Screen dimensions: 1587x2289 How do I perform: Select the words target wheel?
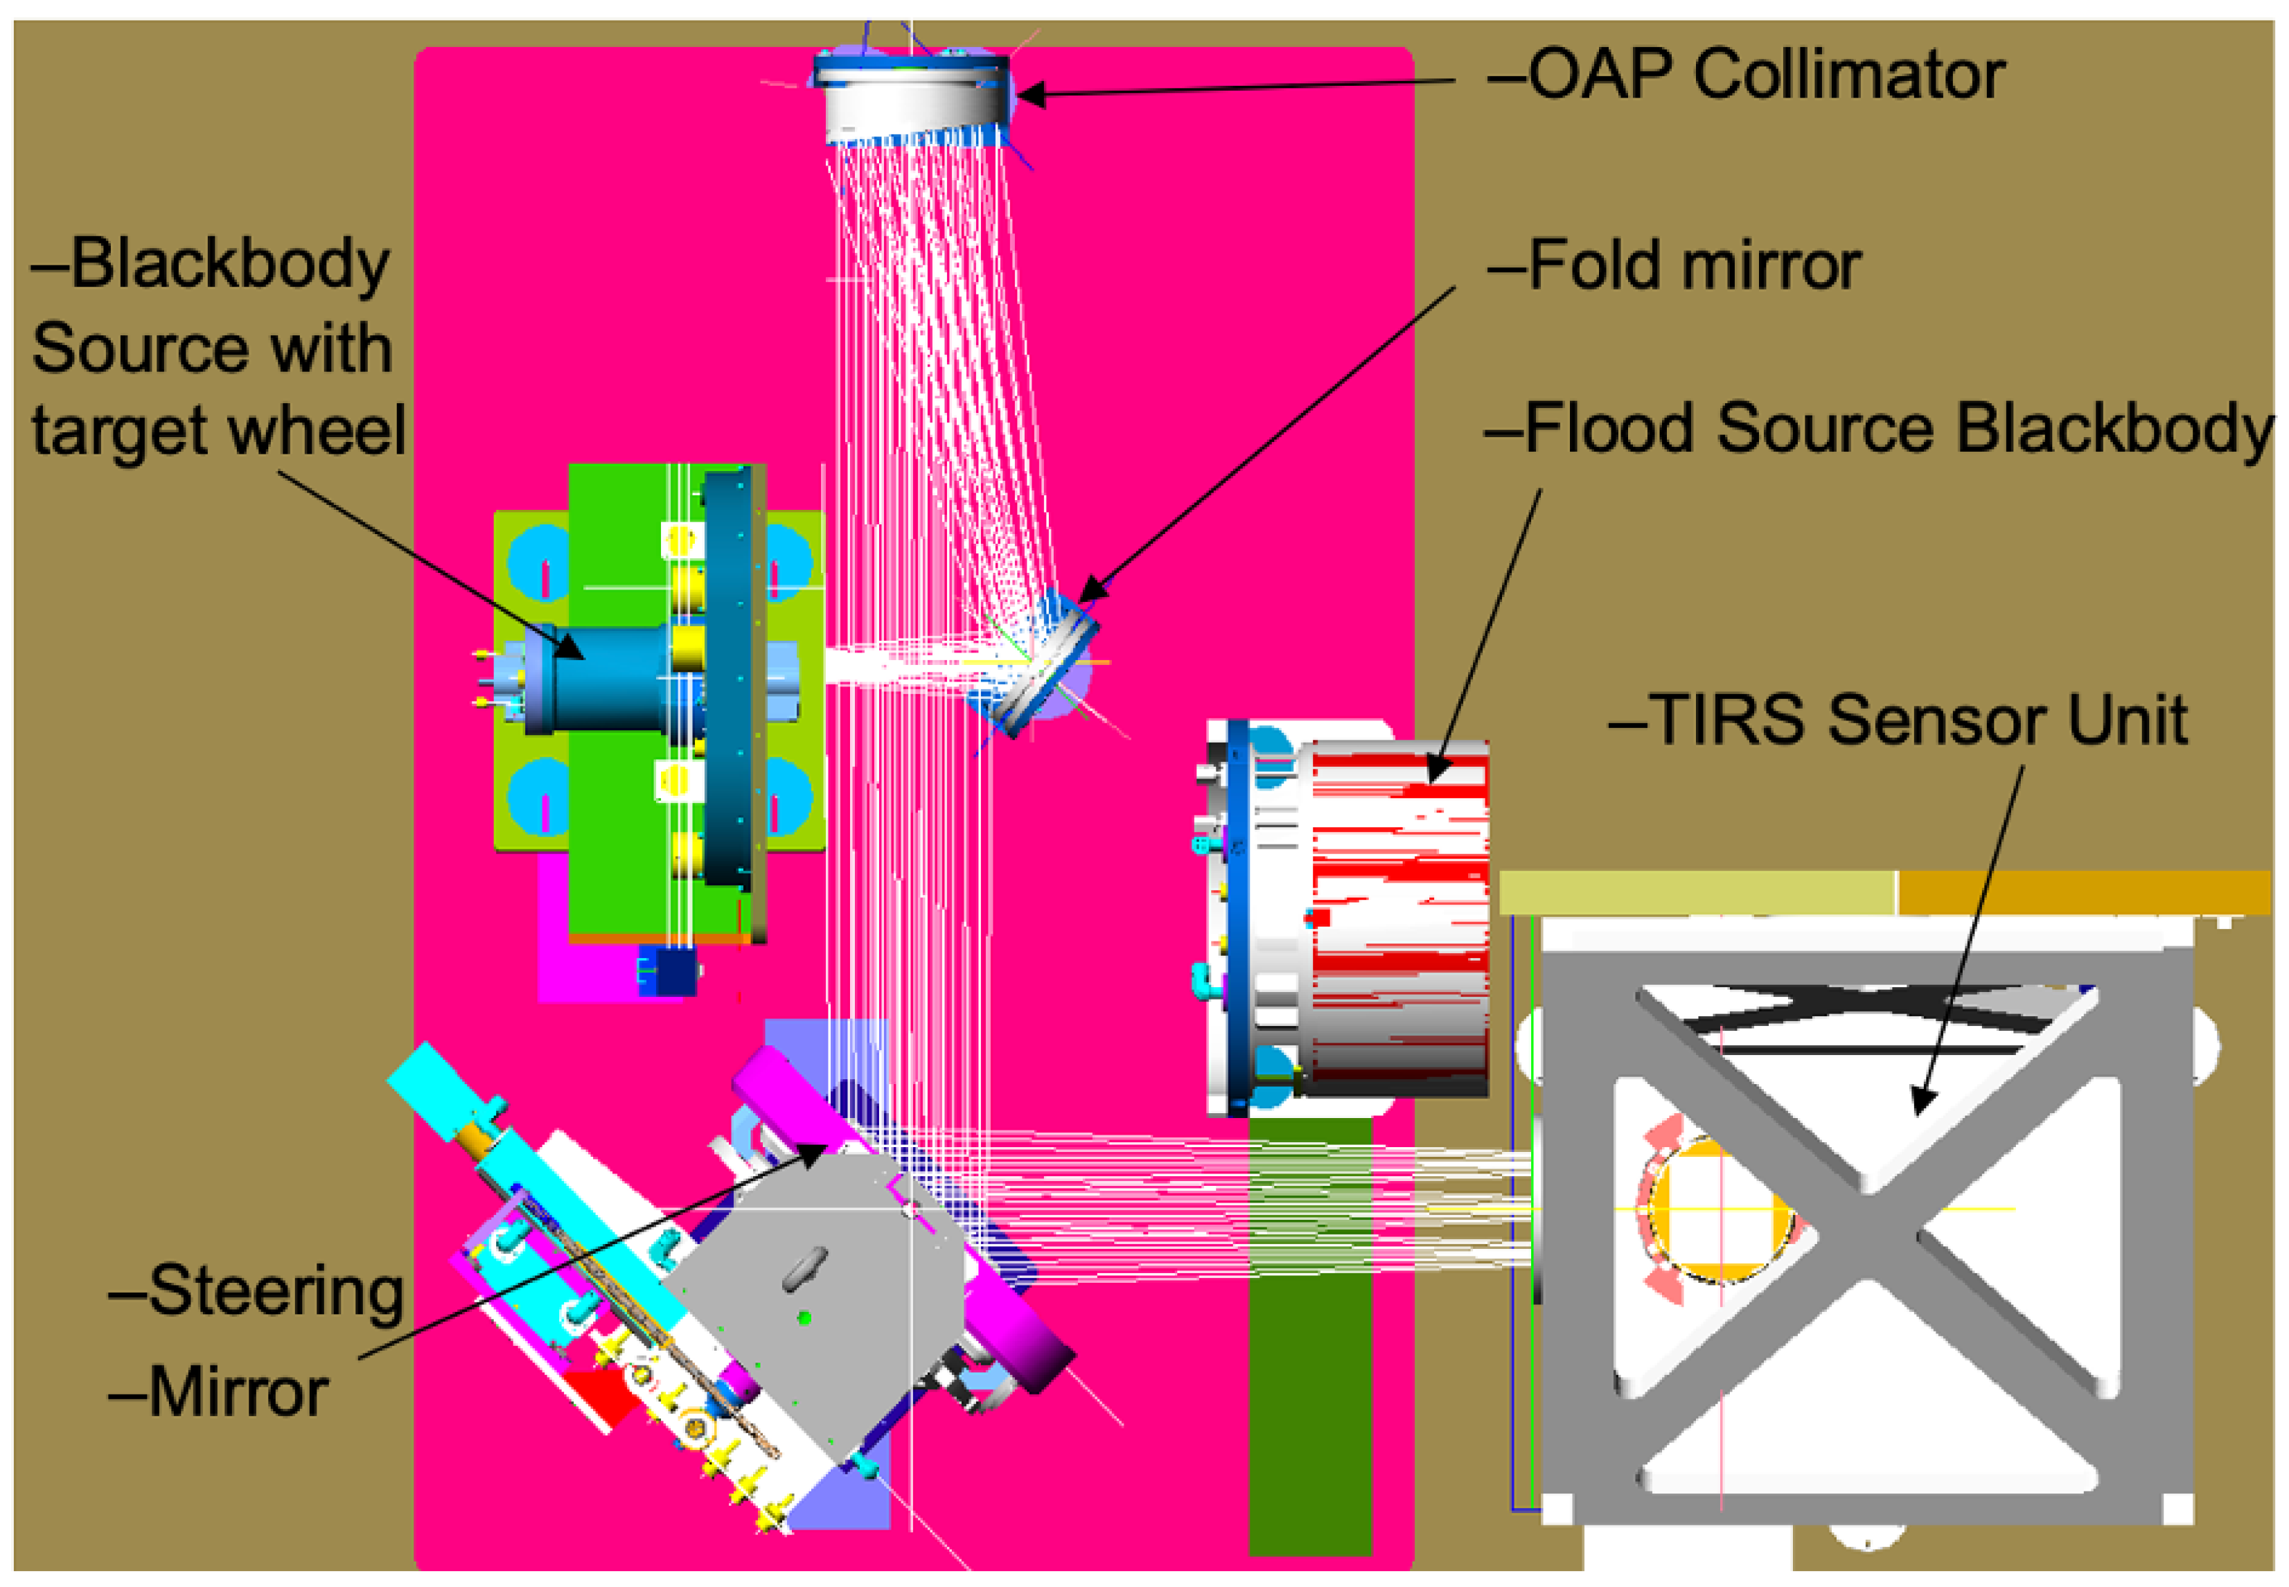click(219, 432)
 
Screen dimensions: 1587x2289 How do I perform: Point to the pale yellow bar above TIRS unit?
click(1695, 892)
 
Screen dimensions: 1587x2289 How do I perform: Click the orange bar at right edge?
click(2083, 892)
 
